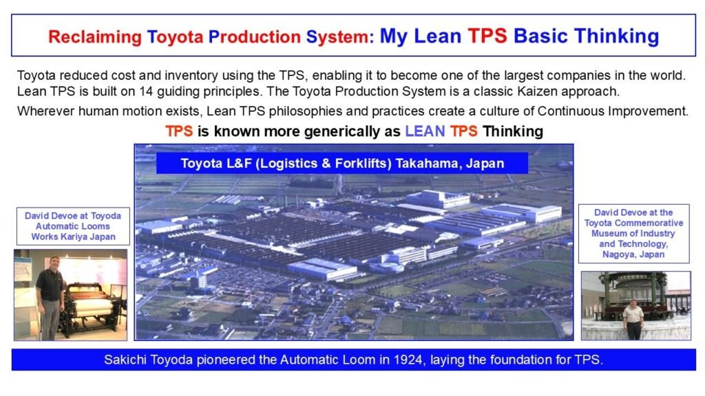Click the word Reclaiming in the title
coord(94,36)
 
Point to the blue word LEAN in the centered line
coord(425,131)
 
